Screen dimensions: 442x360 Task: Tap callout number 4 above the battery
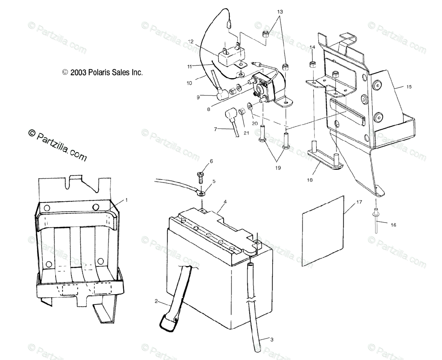point(225,202)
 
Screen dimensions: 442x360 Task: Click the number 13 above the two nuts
point(280,12)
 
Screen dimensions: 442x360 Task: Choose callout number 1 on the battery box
point(126,200)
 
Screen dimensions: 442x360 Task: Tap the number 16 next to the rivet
point(393,225)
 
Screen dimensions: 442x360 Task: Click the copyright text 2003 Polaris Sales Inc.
point(102,73)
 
